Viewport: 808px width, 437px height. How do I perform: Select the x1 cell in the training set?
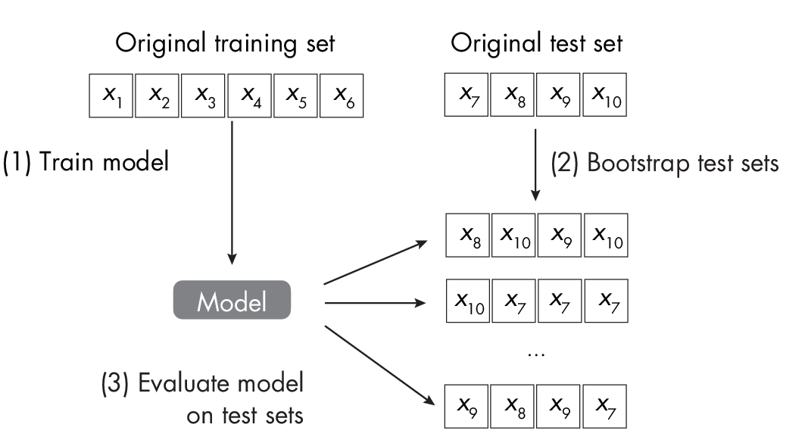[111, 95]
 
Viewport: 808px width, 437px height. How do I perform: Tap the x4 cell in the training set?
[250, 95]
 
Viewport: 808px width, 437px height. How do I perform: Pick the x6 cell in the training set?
[342, 95]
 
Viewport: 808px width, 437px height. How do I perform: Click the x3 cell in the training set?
[204, 95]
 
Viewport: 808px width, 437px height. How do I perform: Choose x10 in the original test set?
[606, 95]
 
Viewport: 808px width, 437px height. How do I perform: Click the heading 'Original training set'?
[225, 43]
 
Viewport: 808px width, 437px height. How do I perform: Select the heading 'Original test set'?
[537, 43]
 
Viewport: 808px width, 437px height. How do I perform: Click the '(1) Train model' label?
[86, 162]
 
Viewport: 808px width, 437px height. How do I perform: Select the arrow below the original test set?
[536, 163]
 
